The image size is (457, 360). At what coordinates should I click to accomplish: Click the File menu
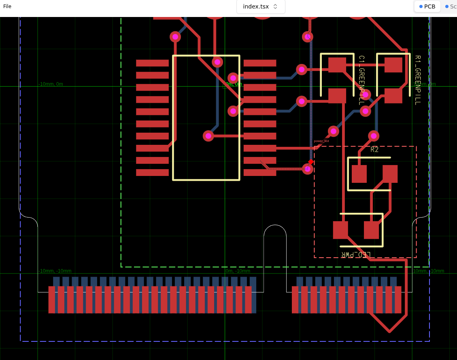click(7, 6)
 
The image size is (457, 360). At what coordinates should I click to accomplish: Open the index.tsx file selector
click(261, 6)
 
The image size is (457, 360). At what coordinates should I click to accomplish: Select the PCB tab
click(427, 6)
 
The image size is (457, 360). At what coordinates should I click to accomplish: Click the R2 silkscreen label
click(374, 150)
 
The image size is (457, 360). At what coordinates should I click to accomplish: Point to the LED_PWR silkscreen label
click(355, 254)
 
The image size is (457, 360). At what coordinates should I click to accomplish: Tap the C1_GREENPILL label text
click(361, 80)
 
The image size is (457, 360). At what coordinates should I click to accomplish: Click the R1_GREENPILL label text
click(417, 80)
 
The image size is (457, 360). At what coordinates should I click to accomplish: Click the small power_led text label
click(321, 141)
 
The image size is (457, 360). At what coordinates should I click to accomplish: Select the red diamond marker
click(311, 162)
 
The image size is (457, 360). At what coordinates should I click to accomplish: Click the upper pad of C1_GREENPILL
click(337, 65)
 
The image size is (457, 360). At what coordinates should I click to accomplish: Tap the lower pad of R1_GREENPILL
click(393, 96)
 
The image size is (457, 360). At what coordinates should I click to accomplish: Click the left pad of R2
click(359, 174)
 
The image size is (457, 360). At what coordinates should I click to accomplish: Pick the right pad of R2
click(390, 174)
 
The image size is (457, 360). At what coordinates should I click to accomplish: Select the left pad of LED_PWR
click(340, 230)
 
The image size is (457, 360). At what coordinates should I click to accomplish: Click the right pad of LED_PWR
click(371, 230)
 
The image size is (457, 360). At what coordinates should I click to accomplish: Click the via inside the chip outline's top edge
click(217, 62)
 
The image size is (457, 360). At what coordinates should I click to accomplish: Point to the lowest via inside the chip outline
click(208, 136)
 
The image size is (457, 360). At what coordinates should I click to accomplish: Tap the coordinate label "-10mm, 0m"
click(51, 84)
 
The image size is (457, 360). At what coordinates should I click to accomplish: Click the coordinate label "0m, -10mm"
click(237, 271)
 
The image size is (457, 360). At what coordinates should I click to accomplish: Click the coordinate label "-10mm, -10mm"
click(55, 271)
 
